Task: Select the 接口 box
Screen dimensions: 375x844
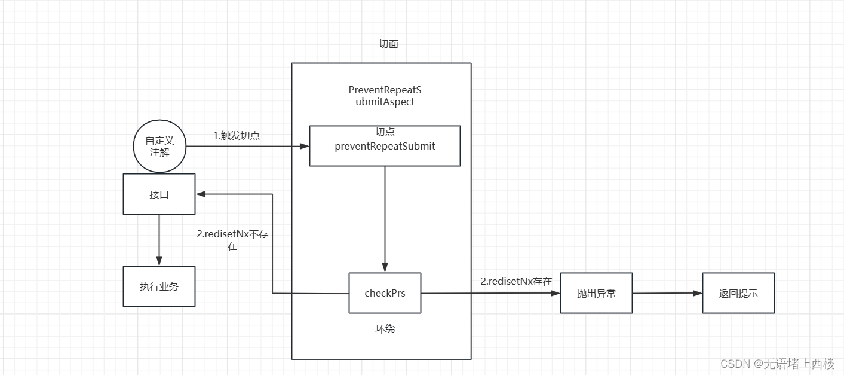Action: point(159,194)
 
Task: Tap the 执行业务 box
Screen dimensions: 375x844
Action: point(159,286)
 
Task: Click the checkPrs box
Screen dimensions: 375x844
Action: point(385,293)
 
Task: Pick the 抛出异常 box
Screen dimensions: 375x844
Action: point(596,293)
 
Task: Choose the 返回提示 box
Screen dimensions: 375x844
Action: point(738,293)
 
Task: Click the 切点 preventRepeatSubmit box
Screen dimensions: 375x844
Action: point(385,145)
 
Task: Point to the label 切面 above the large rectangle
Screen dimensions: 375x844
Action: point(388,44)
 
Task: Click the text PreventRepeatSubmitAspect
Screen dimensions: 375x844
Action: point(385,96)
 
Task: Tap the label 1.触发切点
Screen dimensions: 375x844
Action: point(237,135)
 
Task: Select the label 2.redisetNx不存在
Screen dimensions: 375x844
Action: point(232,240)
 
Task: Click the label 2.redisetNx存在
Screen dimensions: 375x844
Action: point(516,281)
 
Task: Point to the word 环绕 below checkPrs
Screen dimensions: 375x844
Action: point(385,328)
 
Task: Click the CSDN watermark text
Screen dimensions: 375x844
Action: point(777,364)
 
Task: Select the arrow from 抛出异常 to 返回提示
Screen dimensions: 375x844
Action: point(667,293)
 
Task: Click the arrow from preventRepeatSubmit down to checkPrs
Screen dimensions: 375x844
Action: point(385,219)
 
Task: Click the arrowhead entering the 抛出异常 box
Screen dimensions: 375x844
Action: point(556,293)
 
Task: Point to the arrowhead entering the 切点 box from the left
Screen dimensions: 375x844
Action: point(305,145)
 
